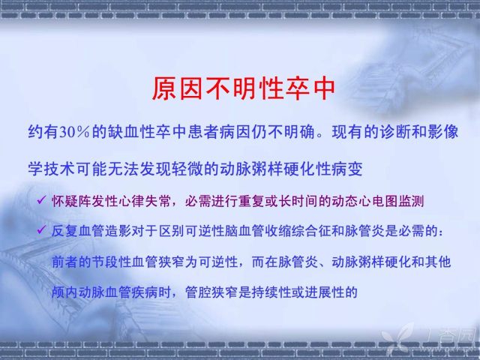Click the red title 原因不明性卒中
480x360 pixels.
coord(243,88)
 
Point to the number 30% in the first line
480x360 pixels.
coord(74,132)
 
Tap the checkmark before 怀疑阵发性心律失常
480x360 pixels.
coord(41,200)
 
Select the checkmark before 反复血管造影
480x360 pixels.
coord(41,229)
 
